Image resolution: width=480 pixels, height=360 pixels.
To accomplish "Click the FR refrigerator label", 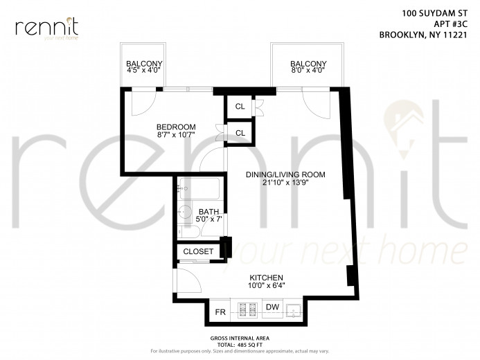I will (221, 312).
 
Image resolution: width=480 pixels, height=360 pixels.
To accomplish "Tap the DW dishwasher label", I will (272, 307).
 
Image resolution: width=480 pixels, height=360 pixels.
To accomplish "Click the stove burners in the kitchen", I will (246, 309).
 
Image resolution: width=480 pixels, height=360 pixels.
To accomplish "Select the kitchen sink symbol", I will (294, 309).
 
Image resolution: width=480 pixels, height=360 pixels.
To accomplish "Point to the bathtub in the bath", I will (199, 188).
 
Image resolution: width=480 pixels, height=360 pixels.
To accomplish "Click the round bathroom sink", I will (185, 212).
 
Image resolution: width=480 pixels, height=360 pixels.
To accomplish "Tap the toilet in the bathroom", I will (183, 231).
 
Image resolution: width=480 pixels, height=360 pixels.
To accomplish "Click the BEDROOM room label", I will (175, 127).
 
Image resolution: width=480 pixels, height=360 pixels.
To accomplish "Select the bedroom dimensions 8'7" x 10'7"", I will (175, 135).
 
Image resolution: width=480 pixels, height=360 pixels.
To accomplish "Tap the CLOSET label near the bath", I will (198, 251).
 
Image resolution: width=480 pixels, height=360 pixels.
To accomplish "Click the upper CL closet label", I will (240, 107).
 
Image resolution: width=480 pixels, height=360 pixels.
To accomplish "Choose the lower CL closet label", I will (240, 132).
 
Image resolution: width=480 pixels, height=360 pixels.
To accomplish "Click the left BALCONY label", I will (144, 64).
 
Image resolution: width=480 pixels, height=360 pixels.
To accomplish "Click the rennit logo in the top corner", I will (46, 28).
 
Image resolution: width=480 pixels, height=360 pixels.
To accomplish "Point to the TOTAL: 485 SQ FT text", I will (239, 343).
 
